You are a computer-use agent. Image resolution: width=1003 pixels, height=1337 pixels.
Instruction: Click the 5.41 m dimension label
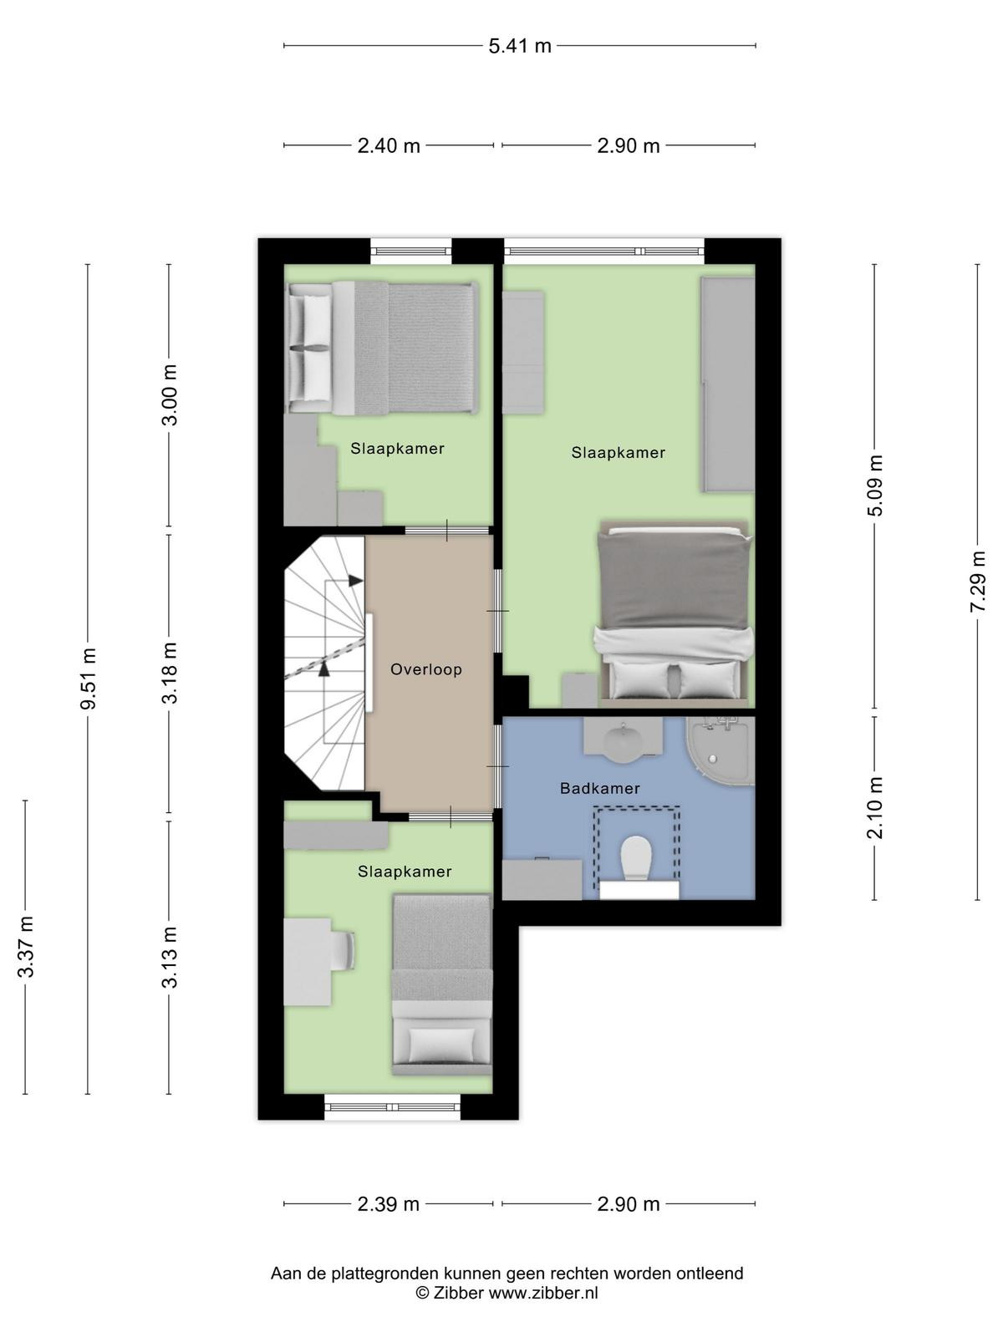pyautogui.click(x=519, y=46)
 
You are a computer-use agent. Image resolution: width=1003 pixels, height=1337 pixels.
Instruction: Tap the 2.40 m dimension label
pyautogui.click(x=389, y=145)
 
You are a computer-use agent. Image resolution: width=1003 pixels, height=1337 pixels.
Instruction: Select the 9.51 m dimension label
pyautogui.click(x=89, y=679)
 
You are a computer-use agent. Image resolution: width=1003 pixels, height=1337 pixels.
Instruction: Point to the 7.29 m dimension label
pyautogui.click(x=977, y=581)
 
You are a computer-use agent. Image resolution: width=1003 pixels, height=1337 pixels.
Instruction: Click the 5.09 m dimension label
pyautogui.click(x=874, y=485)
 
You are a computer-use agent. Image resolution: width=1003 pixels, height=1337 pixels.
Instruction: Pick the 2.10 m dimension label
pyautogui.click(x=874, y=808)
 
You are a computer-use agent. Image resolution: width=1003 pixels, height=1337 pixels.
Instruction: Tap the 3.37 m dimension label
pyautogui.click(x=26, y=946)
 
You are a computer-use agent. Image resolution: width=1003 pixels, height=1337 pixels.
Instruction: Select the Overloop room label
pyautogui.click(x=425, y=669)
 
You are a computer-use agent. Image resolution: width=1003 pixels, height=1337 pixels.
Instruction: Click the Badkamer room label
pyautogui.click(x=600, y=788)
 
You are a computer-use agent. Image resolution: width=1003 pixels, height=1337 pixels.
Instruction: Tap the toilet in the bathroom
pyautogui.click(x=636, y=857)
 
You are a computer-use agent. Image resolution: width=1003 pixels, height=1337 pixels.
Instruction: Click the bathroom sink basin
pyautogui.click(x=623, y=741)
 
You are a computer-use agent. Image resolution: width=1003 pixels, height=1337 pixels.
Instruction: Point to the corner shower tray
pyautogui.click(x=720, y=750)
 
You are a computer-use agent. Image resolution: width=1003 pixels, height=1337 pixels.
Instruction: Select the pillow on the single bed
pyautogui.click(x=441, y=1045)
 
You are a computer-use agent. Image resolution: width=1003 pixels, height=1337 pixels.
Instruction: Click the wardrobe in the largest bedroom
pyautogui.click(x=728, y=384)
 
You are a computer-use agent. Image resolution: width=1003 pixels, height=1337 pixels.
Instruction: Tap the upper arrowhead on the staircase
pyautogui.click(x=356, y=581)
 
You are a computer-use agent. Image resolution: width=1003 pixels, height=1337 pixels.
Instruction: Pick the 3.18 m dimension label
pyautogui.click(x=170, y=673)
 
